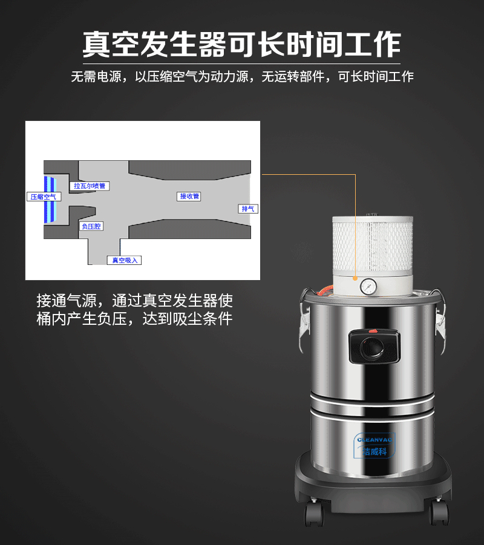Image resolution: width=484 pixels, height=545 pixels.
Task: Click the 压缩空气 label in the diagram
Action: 44,197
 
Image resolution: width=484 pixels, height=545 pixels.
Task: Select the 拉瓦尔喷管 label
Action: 90,186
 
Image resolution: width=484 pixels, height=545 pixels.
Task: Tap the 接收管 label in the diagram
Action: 189,196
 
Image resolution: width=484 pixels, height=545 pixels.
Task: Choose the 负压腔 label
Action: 91,226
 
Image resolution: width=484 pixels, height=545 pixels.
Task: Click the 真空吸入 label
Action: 124,260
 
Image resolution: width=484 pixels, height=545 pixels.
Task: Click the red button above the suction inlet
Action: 373,331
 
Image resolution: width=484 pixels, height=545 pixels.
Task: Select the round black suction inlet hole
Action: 371,347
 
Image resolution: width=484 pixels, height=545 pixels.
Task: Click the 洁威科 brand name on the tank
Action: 375,451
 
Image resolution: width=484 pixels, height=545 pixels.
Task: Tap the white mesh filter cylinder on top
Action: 371,245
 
